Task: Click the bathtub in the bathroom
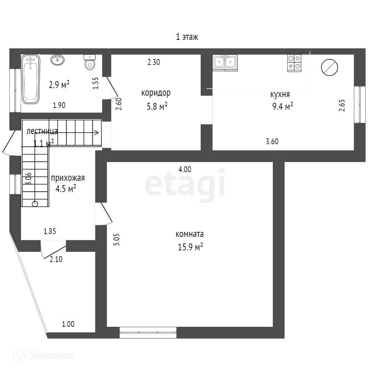[30, 79]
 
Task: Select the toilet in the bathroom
[89, 63]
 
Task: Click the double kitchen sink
[225, 62]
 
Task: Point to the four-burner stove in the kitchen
[294, 62]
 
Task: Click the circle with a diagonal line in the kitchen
[330, 67]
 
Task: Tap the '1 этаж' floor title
[187, 37]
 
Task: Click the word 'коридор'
[156, 93]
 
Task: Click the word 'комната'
[189, 234]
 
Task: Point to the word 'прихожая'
[68, 178]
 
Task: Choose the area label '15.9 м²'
[189, 247]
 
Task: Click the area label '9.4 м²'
[282, 107]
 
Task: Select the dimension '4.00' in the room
[185, 169]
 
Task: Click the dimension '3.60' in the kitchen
[272, 142]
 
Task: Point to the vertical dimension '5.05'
[116, 239]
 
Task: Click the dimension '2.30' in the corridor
[154, 62]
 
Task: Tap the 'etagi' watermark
[185, 185]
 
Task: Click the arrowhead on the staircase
[97, 132]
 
